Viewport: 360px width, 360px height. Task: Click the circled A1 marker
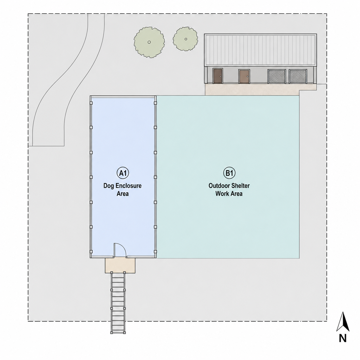click(x=123, y=173)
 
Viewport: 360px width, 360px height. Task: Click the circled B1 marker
click(x=229, y=173)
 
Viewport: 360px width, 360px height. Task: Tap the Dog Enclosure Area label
click(x=122, y=189)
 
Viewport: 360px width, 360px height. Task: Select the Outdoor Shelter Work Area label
click(x=229, y=189)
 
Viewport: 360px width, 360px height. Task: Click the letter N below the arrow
click(x=343, y=339)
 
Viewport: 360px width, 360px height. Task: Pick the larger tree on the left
click(x=149, y=42)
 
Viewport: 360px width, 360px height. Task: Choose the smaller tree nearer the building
click(x=186, y=39)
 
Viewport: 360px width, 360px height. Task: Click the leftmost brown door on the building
click(x=218, y=76)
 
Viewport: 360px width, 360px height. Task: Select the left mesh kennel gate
click(x=277, y=76)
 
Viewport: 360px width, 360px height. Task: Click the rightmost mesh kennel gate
click(x=298, y=76)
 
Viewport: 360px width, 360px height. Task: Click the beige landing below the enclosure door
click(x=120, y=265)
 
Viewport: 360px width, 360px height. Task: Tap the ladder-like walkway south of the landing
click(x=118, y=303)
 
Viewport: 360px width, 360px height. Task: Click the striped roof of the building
click(x=261, y=50)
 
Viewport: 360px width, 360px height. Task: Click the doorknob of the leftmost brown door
click(x=220, y=76)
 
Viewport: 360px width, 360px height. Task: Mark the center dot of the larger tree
click(x=149, y=42)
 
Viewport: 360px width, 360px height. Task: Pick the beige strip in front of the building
click(x=252, y=89)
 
